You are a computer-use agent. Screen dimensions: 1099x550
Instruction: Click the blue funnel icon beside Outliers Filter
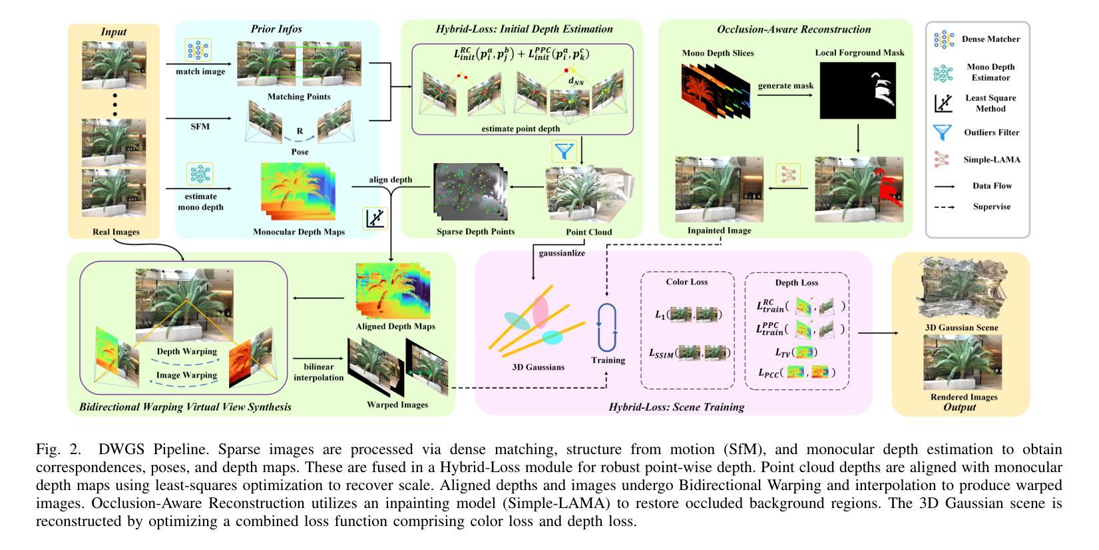(943, 132)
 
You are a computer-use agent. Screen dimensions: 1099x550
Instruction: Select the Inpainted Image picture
(720, 189)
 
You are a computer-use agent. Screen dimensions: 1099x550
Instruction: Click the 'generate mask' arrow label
(785, 86)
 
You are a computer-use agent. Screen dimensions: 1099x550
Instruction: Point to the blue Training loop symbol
(607, 327)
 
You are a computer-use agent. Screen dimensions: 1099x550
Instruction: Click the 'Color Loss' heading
(687, 282)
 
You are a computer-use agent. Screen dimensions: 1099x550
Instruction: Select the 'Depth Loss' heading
(797, 282)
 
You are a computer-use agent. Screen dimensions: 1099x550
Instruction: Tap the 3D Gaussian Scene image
(962, 288)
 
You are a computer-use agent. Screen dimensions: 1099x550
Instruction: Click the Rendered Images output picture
(963, 363)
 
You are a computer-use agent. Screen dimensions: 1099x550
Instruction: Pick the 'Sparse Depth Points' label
(476, 232)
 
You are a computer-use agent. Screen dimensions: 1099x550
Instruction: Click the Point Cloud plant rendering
(589, 195)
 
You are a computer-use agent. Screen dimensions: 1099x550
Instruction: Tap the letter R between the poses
(300, 131)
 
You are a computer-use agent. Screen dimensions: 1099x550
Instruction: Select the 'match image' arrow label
(200, 72)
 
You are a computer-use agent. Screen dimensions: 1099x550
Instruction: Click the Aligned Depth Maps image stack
(393, 290)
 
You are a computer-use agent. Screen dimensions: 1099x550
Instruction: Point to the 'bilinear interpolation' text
(318, 372)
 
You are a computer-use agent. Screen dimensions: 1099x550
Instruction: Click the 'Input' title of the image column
(113, 32)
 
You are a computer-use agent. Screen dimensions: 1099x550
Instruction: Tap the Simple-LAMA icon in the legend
(941, 159)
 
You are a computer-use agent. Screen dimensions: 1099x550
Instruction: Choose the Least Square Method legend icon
(943, 103)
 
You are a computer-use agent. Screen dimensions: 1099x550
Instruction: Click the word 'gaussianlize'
(562, 253)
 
